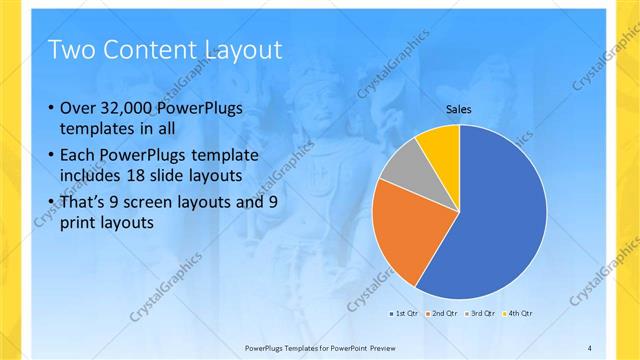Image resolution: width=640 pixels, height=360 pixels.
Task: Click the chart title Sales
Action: (x=459, y=110)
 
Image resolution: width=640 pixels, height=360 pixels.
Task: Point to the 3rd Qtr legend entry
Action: (x=481, y=314)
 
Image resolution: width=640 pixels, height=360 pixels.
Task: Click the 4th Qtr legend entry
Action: (x=519, y=314)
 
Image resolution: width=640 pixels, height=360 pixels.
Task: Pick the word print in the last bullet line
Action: (x=79, y=224)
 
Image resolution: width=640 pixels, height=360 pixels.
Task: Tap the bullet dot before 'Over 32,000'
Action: (x=50, y=109)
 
